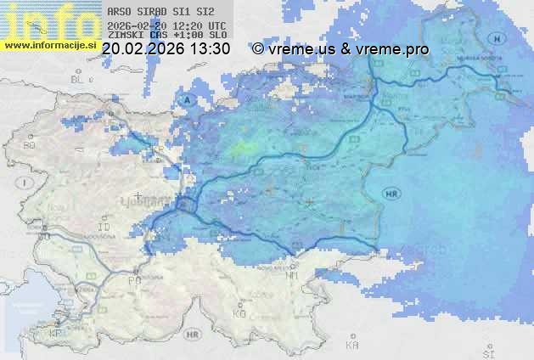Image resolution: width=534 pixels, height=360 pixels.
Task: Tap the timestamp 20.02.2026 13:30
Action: (x=166, y=49)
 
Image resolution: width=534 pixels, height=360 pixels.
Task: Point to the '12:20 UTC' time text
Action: (x=200, y=26)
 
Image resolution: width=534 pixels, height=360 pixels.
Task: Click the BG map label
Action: (x=30, y=145)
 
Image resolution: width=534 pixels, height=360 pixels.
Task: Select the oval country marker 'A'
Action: (x=185, y=100)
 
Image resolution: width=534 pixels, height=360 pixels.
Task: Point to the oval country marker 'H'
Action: (x=500, y=39)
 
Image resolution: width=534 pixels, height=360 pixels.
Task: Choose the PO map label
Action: (x=133, y=279)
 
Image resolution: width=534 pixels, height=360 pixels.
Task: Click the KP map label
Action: (x=56, y=333)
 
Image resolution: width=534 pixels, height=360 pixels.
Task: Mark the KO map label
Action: (x=239, y=313)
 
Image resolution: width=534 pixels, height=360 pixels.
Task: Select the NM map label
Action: (x=293, y=275)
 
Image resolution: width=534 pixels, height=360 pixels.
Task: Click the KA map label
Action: (x=352, y=346)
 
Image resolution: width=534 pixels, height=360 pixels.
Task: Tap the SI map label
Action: (x=487, y=352)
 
